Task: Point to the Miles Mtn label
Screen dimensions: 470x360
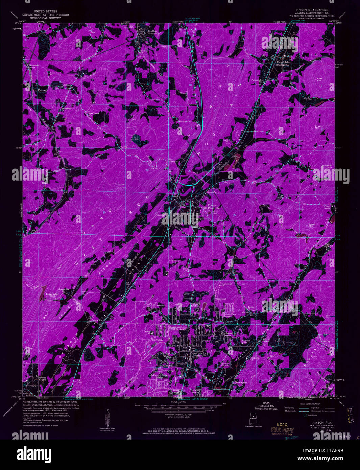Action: (x=319, y=79)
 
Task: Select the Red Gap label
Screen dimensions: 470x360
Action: (x=326, y=342)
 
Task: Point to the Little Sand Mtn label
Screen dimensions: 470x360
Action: (x=326, y=387)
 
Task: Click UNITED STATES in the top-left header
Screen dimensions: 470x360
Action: (x=45, y=11)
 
